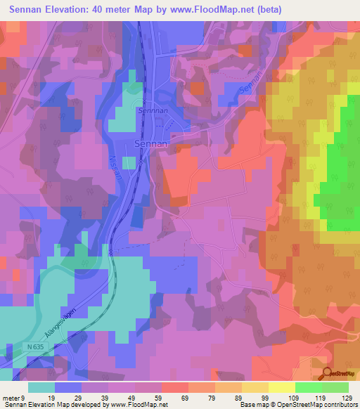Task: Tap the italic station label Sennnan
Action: point(152,111)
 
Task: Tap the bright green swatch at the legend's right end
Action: point(335,387)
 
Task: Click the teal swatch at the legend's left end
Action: point(41,387)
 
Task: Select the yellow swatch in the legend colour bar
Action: point(281,387)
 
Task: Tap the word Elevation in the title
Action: point(70,9)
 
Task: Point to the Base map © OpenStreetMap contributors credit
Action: point(297,405)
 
